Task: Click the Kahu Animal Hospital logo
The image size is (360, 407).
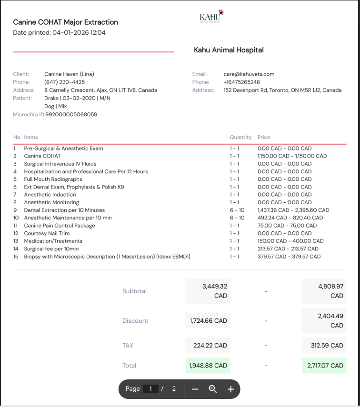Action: [211, 17]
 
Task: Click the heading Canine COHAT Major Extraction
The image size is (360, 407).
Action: [65, 22]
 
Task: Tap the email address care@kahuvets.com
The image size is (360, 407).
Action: [249, 74]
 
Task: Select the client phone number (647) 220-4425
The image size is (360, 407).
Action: [65, 82]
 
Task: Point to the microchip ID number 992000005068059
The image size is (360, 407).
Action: [71, 115]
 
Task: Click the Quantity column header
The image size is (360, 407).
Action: [240, 137]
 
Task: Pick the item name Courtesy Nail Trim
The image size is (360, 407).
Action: [47, 233]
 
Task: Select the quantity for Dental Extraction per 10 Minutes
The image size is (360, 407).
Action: [237, 210]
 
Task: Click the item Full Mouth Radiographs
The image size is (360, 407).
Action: [53, 179]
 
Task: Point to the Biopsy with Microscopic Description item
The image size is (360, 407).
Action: [107, 257]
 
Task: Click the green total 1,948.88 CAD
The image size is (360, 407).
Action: [208, 366]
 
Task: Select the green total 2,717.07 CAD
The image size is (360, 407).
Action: [324, 366]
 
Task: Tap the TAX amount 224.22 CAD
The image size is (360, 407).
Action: [208, 346]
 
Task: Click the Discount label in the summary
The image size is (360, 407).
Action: [135, 321]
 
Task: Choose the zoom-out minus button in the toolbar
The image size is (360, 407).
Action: [195, 389]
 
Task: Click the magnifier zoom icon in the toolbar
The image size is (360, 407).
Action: [213, 389]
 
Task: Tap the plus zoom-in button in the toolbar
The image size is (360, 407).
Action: [231, 389]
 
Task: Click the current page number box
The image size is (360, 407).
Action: [150, 389]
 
